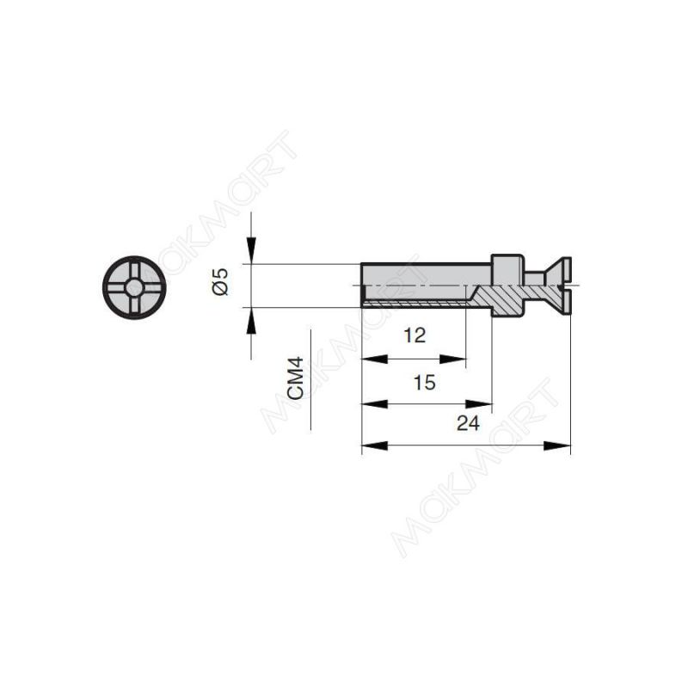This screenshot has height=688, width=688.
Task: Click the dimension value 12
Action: [415, 335]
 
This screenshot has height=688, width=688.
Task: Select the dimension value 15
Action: [425, 383]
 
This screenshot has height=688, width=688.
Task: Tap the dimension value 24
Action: [468, 423]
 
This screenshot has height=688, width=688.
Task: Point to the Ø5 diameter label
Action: [220, 282]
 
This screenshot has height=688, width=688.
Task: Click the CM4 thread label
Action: [296, 378]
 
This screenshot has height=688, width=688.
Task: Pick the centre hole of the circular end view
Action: [134, 288]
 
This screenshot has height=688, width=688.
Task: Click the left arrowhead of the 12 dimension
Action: [374, 359]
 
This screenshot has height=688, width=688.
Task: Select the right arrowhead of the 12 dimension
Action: [453, 359]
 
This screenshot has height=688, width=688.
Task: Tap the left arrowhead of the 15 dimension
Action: [374, 403]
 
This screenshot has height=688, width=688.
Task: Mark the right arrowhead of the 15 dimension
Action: [479, 403]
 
